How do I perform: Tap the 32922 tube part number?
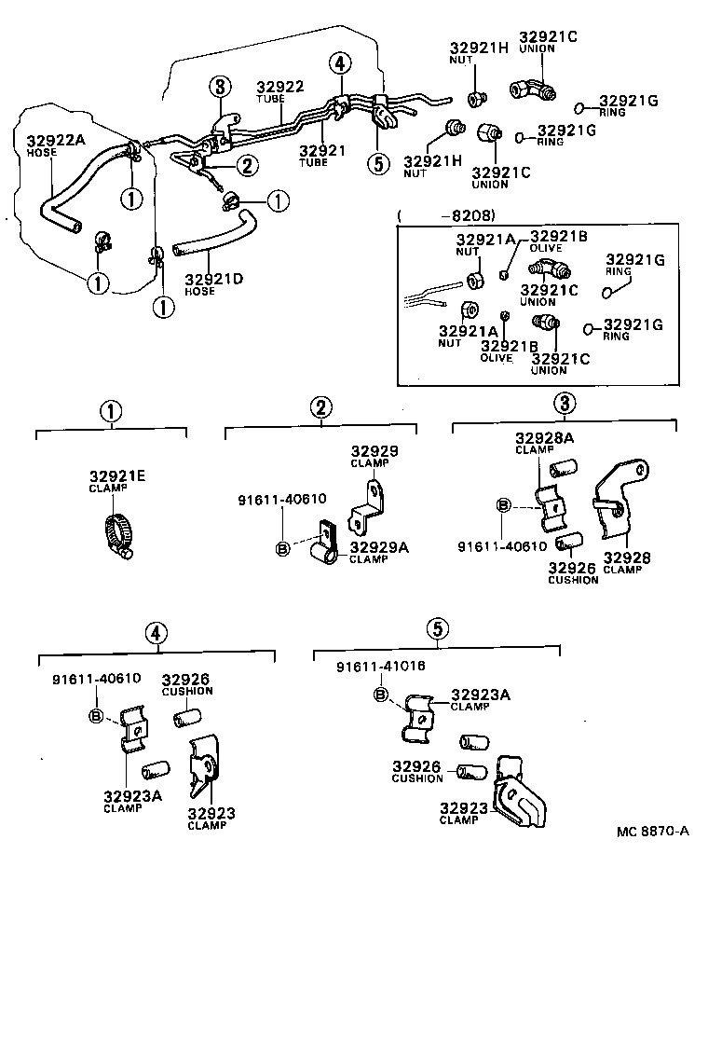(280, 87)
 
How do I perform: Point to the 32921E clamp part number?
(117, 476)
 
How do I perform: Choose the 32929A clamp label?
(378, 547)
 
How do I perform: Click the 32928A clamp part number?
(545, 438)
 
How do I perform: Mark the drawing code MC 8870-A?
(652, 832)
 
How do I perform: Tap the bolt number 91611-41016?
(367, 667)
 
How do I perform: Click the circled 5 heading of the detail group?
(437, 628)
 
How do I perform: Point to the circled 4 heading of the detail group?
(156, 633)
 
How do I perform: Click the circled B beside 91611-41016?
(379, 695)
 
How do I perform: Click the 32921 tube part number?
(321, 150)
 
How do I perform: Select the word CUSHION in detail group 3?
(573, 580)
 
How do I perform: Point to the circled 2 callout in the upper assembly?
(246, 166)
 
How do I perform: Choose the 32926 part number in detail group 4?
(186, 680)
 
